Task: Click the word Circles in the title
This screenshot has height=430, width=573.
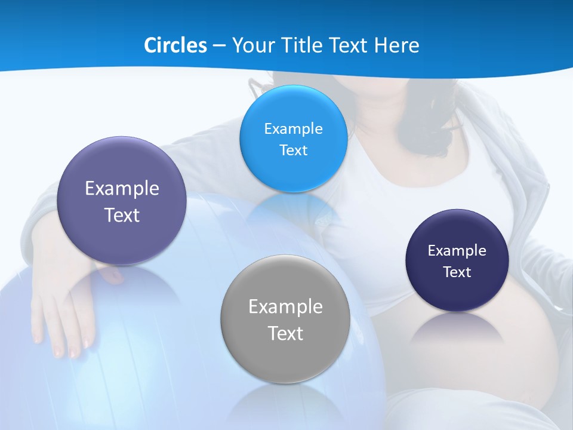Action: coord(175,45)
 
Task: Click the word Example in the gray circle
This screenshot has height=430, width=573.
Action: coord(285,306)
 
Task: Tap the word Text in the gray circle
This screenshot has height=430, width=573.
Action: coord(285,333)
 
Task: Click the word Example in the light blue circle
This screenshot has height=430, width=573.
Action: coord(293,128)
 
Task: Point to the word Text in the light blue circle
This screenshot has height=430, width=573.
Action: coord(293,150)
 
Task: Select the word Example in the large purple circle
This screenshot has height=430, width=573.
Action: coord(122,188)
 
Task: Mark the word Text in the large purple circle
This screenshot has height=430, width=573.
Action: coord(122,215)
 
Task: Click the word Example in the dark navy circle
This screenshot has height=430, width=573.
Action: coord(457,250)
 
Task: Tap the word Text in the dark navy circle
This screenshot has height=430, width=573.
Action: coord(457,272)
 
